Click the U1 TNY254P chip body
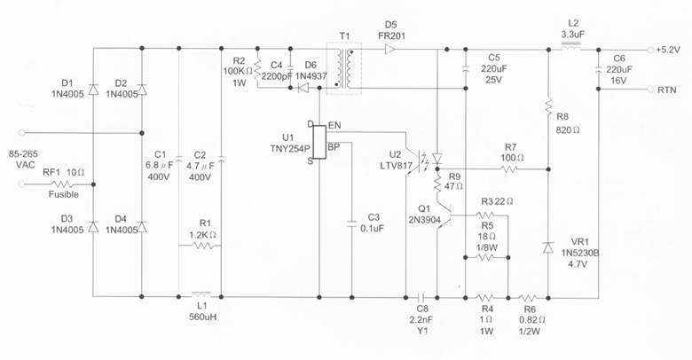[320, 145]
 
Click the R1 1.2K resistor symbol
[203, 245]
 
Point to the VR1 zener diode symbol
[548, 247]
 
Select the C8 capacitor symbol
[423, 296]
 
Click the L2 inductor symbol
[572, 51]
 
